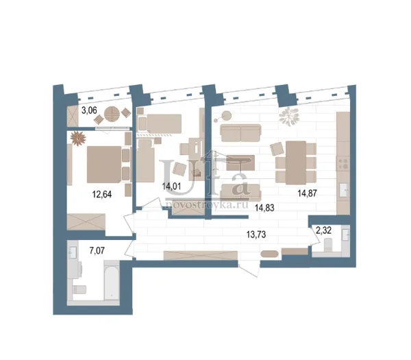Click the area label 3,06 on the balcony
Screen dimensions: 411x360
click(89, 110)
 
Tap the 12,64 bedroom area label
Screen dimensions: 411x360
click(102, 194)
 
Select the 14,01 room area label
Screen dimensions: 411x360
click(171, 187)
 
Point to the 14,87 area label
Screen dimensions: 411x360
click(307, 193)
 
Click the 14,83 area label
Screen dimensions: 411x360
click(264, 208)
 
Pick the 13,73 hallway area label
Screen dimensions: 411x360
click(256, 235)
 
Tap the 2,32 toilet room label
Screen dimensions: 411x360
click(324, 230)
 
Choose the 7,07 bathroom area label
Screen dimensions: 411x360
click(97, 250)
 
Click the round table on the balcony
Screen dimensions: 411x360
click(112, 114)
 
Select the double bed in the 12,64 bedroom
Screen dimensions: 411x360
click(104, 165)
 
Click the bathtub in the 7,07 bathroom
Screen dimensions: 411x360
click(112, 280)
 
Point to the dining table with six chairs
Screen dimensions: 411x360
click(296, 163)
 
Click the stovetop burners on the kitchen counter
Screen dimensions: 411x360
click(343, 163)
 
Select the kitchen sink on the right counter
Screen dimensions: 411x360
click(344, 190)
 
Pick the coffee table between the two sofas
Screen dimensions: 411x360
click(240, 163)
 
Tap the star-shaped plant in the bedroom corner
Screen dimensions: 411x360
click(78, 139)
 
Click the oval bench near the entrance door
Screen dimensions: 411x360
click(269, 254)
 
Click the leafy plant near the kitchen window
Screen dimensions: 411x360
click(289, 117)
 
